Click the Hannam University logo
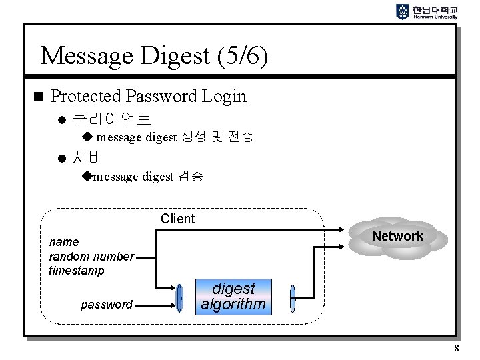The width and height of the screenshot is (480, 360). tap(427, 11)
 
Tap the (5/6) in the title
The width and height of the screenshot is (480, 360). tap(242, 56)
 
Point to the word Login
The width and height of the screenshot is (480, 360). tap(224, 96)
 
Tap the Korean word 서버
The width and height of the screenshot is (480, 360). tap(89, 158)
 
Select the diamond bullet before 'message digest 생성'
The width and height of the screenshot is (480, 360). tap(87, 137)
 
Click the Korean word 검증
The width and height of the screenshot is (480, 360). tap(190, 177)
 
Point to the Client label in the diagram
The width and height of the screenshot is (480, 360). tap(178, 219)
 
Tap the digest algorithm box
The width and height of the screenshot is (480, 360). tap(234, 297)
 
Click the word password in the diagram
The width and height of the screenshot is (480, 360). tap(107, 305)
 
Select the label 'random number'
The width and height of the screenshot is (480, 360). tap(91, 257)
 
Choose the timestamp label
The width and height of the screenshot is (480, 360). tap(77, 271)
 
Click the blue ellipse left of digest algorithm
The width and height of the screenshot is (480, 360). tap(180, 297)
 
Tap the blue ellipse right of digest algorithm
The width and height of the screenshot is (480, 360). tap(292, 297)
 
